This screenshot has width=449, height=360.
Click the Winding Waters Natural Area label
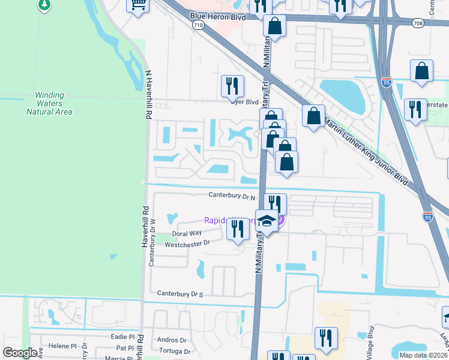pos(53,103)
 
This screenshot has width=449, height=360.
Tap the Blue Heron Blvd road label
pos(218,17)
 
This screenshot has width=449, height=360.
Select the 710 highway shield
pos(198,26)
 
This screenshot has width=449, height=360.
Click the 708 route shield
pos(418,23)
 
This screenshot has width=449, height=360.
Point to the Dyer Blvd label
pos(245,101)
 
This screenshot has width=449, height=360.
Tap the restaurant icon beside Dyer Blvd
pos(232,86)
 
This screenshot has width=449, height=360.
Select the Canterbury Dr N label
pos(232,196)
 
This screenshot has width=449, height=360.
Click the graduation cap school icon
pos(267,221)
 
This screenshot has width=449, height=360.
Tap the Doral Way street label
pos(187,233)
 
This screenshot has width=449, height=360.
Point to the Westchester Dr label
pos(187,244)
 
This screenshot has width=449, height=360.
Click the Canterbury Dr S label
pos(181,294)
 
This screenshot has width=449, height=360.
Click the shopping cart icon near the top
pos(138,5)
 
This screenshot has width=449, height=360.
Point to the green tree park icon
pos(44,5)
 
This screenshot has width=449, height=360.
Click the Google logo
pos(20,353)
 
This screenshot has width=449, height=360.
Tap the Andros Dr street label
pos(167,340)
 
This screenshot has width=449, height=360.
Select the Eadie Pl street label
pos(125,338)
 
